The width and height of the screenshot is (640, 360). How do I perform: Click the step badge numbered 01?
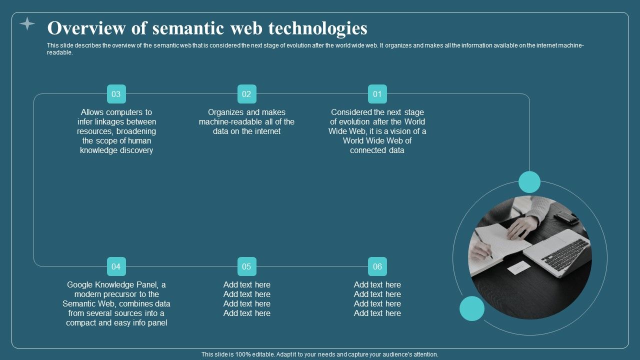(377, 94)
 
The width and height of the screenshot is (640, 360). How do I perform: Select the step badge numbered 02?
(246, 94)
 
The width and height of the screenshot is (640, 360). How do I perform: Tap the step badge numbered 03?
(116, 94)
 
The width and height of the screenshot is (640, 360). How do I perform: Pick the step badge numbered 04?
(116, 266)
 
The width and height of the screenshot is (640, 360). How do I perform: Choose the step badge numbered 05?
(246, 266)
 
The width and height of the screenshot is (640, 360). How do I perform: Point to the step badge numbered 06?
(377, 266)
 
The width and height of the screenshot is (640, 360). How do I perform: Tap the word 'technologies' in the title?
(318, 28)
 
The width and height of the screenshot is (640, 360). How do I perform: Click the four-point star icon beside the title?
(27, 23)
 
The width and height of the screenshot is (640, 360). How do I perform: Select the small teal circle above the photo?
(529, 182)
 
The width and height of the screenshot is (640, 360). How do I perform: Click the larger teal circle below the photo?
(472, 308)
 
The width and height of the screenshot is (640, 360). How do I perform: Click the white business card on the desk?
(519, 268)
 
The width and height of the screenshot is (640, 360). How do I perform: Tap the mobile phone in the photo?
(566, 217)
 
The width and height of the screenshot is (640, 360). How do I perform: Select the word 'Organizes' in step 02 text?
(226, 112)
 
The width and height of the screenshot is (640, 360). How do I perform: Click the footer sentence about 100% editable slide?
(320, 354)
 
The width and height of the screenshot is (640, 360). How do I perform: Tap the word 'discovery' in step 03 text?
(134, 150)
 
